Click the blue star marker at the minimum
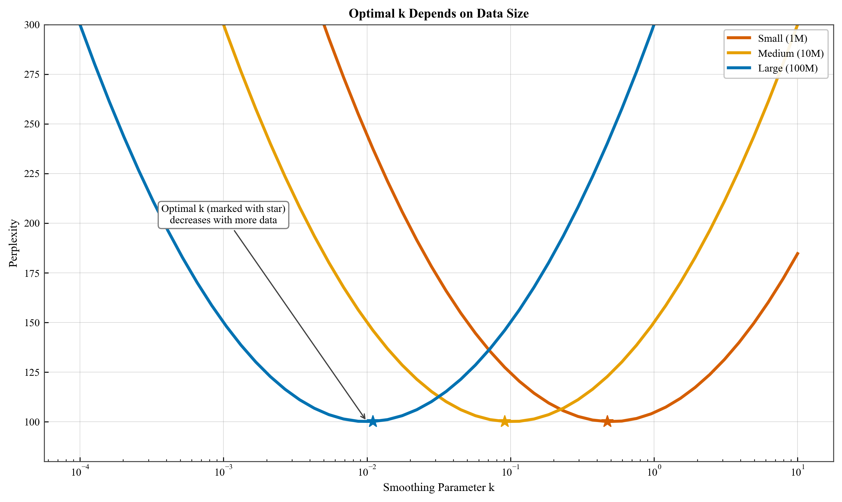click(372, 421)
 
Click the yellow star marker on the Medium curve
click(504, 421)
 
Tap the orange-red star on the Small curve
click(607, 421)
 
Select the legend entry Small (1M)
click(782, 39)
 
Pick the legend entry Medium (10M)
click(790, 53)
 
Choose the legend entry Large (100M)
click(788, 68)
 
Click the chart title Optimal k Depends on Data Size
click(439, 14)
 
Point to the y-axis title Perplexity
click(13, 243)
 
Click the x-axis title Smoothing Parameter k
click(439, 488)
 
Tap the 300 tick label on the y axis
click(32, 25)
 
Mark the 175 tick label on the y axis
click(32, 273)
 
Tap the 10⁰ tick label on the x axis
click(654, 472)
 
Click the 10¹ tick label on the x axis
click(798, 472)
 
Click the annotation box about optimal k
click(223, 214)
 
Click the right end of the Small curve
click(798, 253)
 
